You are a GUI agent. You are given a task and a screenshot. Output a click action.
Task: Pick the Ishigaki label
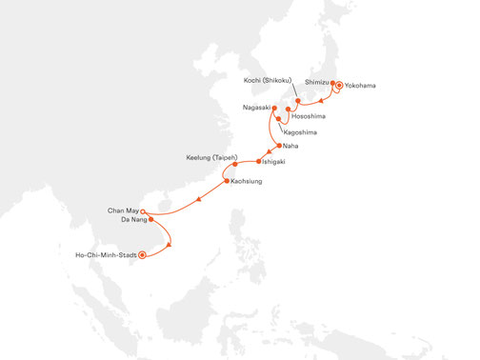(x=271, y=162)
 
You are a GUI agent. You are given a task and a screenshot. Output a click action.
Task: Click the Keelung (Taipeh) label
(x=210, y=155)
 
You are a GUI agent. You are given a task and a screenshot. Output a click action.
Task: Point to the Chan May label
(x=122, y=210)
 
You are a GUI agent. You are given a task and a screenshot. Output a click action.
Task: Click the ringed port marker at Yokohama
(x=339, y=87)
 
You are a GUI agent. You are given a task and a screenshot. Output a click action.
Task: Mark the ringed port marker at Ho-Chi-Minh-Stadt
(x=143, y=254)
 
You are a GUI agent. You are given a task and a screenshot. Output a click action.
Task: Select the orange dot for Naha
(x=278, y=146)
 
